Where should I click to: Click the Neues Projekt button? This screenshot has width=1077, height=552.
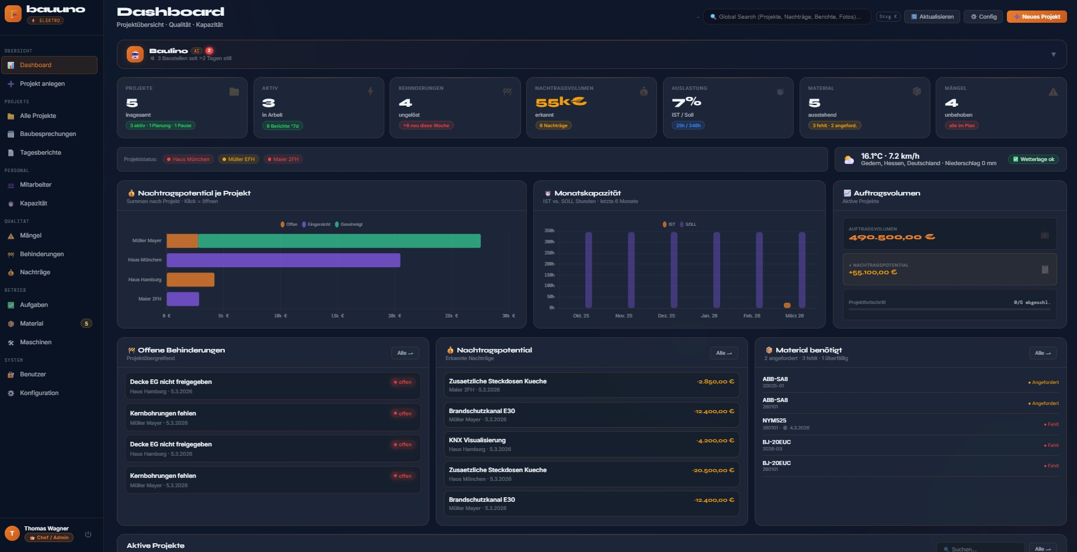[1037, 17]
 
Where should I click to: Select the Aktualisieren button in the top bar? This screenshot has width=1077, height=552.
[932, 17]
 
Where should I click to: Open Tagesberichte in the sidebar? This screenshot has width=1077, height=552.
[40, 153]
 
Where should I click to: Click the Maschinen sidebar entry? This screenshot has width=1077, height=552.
[36, 343]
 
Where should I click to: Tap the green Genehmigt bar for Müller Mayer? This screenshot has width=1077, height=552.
[339, 241]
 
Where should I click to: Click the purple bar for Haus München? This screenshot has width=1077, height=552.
[283, 260]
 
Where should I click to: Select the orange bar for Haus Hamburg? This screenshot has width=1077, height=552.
[190, 280]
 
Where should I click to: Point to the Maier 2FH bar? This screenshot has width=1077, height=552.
[183, 299]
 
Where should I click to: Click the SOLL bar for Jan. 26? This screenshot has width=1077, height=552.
[717, 270]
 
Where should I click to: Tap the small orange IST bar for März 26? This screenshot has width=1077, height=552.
[787, 305]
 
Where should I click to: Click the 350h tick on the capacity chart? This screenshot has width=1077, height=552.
[549, 231]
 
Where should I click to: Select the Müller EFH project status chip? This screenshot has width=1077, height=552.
[238, 159]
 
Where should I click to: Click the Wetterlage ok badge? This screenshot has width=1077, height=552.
[1033, 159]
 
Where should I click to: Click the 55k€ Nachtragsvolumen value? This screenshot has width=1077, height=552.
[561, 102]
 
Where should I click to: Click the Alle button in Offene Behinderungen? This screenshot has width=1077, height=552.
[405, 353]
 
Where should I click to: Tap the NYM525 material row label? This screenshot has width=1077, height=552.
[774, 421]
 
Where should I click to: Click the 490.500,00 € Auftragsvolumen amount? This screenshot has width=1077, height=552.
[891, 237]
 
